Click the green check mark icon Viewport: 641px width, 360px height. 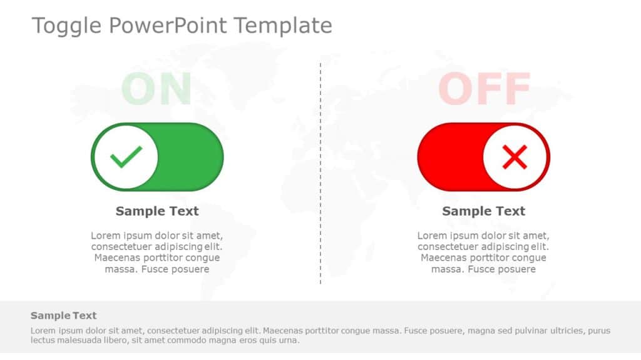pyautogui.click(x=126, y=157)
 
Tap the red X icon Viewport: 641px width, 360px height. pyautogui.click(x=515, y=157)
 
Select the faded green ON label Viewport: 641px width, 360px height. pyautogui.click(x=156, y=89)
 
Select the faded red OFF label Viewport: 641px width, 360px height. pyautogui.click(x=484, y=89)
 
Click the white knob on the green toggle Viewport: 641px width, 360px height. pyautogui.click(x=126, y=157)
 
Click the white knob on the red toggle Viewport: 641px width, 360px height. pyautogui.click(x=515, y=157)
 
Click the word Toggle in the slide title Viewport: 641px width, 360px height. pyautogui.click(x=66, y=26)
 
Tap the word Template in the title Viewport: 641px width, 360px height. pyautogui.click(x=283, y=26)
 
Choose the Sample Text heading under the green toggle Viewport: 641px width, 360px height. pyautogui.click(x=157, y=211)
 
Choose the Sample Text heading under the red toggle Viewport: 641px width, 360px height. pyautogui.click(x=484, y=211)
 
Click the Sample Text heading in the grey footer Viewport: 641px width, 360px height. pyautogui.click(x=64, y=316)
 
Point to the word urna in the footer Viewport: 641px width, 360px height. pyautogui.click(x=288, y=341)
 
